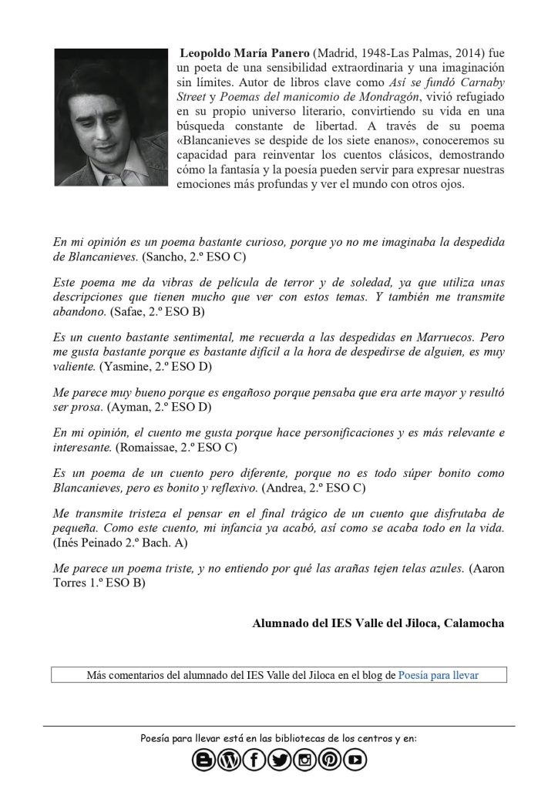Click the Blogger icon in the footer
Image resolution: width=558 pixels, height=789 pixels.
point(204,760)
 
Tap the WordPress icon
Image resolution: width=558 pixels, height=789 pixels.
point(229,760)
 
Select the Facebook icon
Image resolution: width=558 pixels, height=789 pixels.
point(254,760)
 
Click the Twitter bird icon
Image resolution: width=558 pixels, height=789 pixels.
point(279,760)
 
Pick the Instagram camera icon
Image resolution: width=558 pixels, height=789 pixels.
point(304,760)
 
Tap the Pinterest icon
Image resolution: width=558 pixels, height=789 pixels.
point(329,760)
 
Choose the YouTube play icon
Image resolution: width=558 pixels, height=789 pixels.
point(355,760)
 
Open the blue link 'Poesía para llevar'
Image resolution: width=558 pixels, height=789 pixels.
point(438,675)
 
